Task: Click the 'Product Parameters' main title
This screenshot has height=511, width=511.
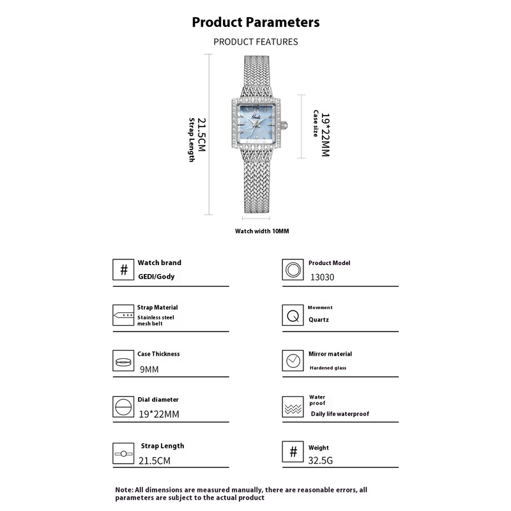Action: (256, 22)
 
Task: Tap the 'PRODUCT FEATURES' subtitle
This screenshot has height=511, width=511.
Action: (256, 42)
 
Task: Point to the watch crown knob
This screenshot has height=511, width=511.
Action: (284, 125)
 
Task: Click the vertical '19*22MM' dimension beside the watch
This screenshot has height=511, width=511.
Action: (324, 135)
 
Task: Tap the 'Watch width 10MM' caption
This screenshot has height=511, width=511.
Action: (262, 231)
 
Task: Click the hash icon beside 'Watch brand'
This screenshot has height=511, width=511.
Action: (124, 270)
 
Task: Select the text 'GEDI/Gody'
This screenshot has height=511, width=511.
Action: (156, 277)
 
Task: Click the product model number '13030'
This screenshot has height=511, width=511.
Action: (322, 277)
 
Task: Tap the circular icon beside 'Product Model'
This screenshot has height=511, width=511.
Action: (293, 270)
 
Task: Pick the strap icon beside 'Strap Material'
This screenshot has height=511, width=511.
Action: (124, 316)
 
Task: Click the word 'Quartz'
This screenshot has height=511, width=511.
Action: (319, 319)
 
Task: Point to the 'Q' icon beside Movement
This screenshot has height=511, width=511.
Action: (293, 316)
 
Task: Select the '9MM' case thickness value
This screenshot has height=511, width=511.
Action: (149, 369)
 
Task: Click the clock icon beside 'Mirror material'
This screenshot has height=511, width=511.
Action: (293, 361)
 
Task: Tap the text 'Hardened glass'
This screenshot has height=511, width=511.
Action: (328, 368)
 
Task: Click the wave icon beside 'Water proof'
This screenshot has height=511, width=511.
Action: (293, 407)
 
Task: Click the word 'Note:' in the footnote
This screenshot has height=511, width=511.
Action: (125, 489)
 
